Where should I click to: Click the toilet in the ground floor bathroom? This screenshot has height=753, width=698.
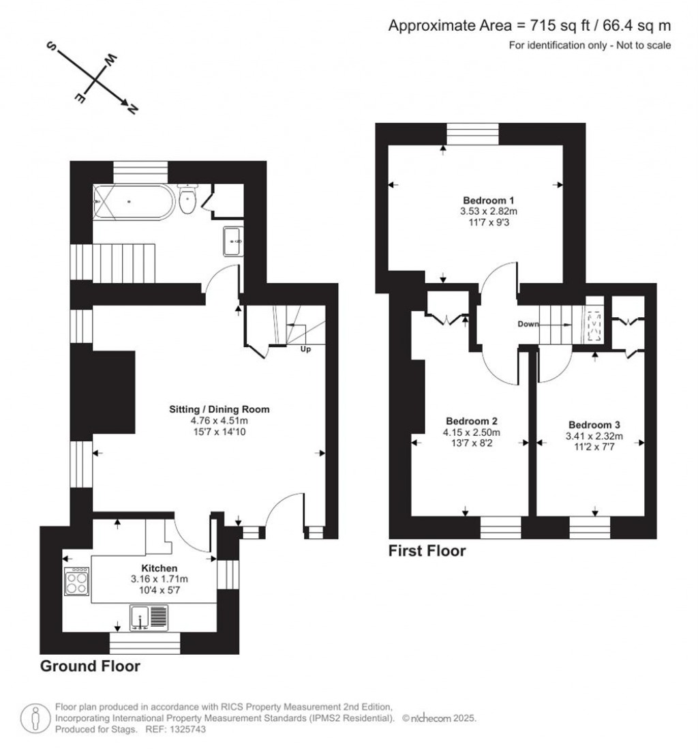[x=187, y=199]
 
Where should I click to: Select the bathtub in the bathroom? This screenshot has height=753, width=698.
[x=133, y=202]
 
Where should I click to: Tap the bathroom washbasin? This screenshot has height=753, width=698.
[x=232, y=241]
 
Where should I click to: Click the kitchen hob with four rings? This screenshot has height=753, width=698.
[x=76, y=582]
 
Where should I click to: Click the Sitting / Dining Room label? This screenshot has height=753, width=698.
[x=219, y=410]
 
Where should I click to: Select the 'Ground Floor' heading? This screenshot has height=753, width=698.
[x=90, y=666]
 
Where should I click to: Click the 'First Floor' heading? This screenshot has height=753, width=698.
[x=427, y=550]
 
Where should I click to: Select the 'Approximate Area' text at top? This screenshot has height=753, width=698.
[x=450, y=26]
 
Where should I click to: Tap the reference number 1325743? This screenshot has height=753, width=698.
[x=185, y=729]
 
